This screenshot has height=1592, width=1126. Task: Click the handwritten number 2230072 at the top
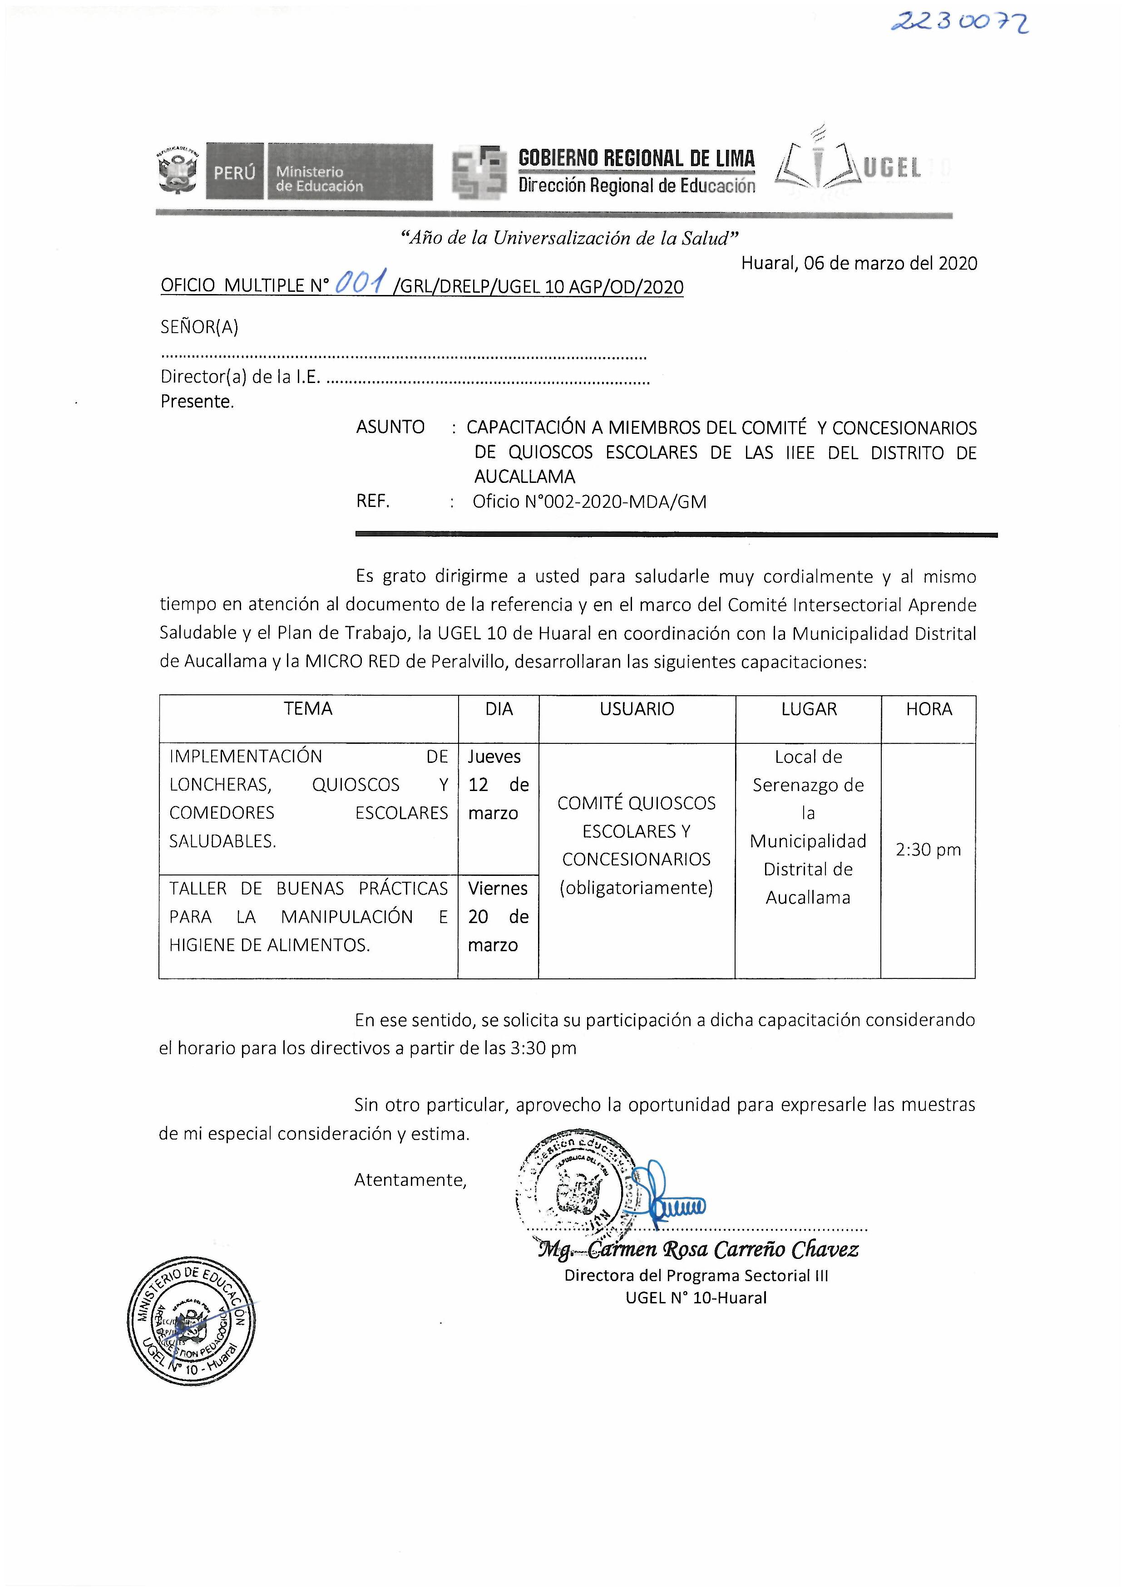[959, 22]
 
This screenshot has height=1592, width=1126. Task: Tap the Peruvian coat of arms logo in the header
[178, 171]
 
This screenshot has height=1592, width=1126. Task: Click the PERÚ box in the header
[234, 172]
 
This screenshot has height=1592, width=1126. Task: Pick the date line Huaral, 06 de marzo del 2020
[859, 264]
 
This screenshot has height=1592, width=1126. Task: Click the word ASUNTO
[390, 427]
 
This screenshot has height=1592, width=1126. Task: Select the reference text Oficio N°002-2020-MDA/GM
[589, 502]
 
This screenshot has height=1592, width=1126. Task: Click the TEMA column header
[308, 709]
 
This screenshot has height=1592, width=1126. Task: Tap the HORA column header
[928, 709]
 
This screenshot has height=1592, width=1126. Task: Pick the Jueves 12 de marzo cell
[498, 785]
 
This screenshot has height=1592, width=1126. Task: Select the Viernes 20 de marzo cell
[498, 917]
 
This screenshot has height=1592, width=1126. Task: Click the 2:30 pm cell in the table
[928, 850]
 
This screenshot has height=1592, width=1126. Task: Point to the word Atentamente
[410, 1179]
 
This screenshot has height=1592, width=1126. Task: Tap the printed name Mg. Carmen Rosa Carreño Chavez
[698, 1249]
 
